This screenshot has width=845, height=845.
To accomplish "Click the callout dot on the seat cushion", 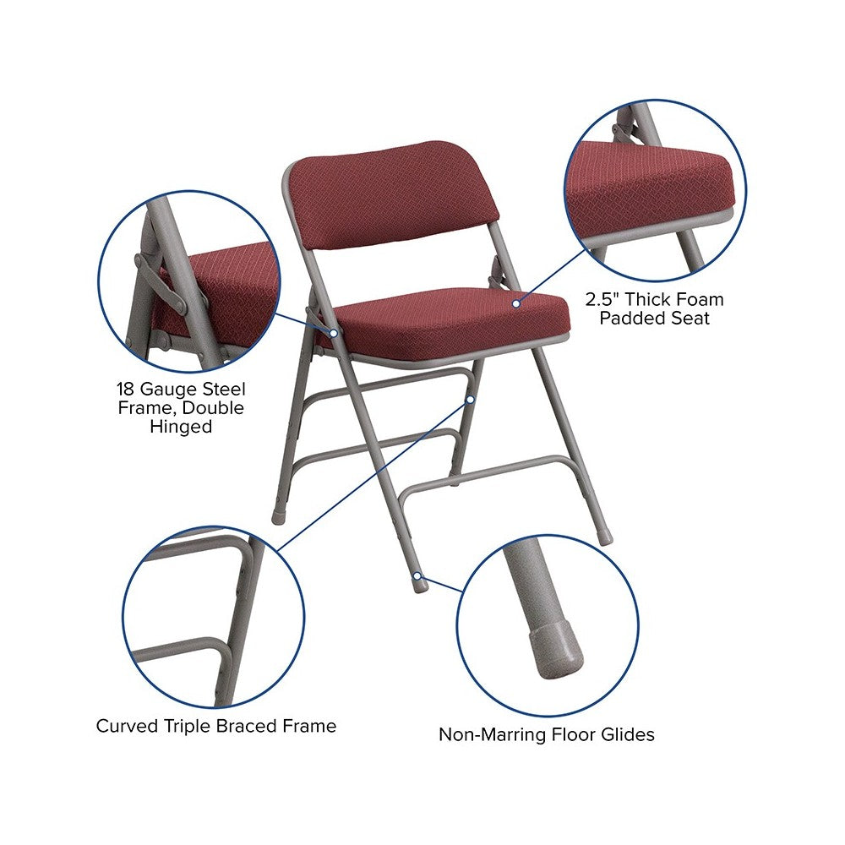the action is pyautogui.click(x=516, y=304).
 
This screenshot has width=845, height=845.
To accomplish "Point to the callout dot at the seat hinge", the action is pyautogui.click(x=334, y=334).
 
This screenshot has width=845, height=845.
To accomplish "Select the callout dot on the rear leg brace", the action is pyautogui.click(x=471, y=400).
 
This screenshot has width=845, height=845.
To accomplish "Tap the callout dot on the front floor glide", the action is pyautogui.click(x=417, y=576).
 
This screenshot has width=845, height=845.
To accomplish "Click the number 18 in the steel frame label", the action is pyautogui.click(x=127, y=389).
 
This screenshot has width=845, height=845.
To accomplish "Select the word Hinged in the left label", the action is pyautogui.click(x=181, y=426).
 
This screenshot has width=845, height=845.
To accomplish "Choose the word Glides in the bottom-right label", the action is pyautogui.click(x=628, y=734).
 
